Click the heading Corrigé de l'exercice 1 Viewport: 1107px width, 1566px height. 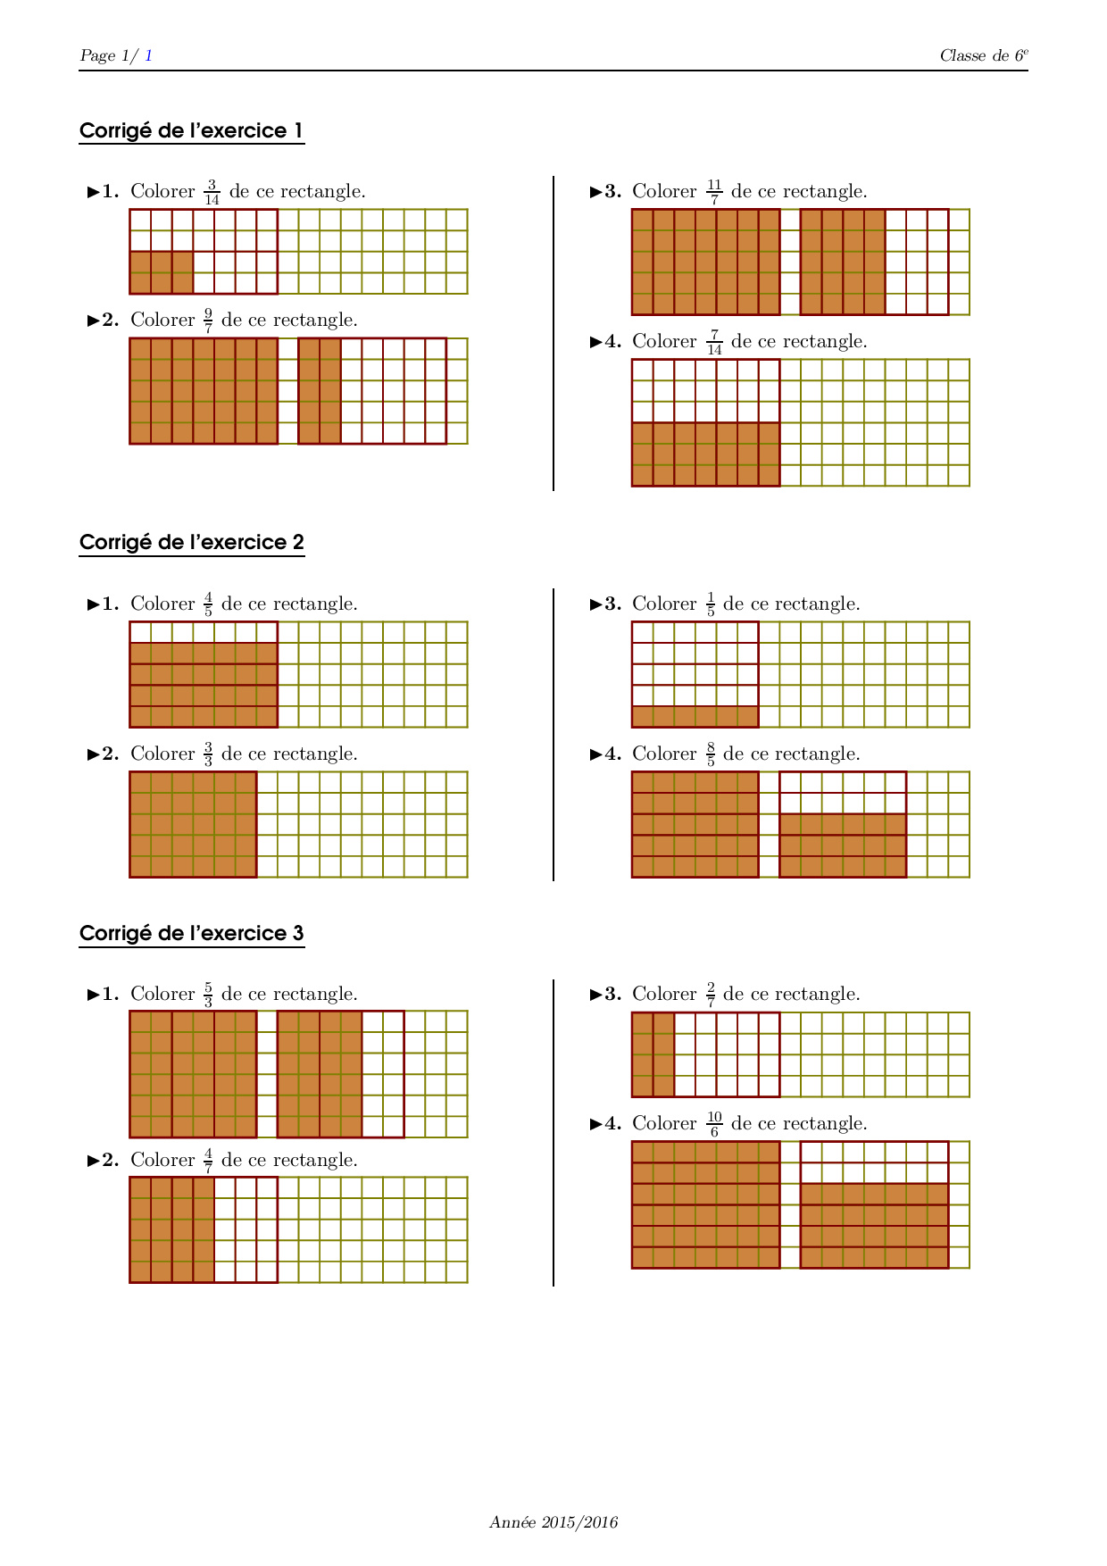click(191, 131)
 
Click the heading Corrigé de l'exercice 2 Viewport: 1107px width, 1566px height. click(191, 543)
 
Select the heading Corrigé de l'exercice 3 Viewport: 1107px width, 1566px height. click(191, 934)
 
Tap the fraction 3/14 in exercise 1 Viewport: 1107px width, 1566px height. click(212, 192)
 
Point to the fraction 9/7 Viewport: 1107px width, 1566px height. click(208, 321)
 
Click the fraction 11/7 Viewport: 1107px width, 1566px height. click(714, 192)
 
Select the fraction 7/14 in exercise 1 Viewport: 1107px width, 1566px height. click(714, 342)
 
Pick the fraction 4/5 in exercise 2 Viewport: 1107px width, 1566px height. click(208, 604)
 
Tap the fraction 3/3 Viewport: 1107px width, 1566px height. click(208, 754)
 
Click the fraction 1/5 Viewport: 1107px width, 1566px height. click(711, 604)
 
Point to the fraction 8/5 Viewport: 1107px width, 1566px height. click(711, 754)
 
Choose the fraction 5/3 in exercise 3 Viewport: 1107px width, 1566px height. click(208, 995)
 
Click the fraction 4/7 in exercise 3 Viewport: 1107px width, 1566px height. click(208, 1161)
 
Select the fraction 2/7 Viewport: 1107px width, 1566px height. click(711, 995)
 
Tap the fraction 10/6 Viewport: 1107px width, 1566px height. click(714, 1124)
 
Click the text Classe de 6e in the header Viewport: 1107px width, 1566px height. click(983, 55)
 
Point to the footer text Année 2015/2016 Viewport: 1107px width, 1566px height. click(553, 1522)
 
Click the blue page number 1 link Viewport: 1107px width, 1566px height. click(148, 55)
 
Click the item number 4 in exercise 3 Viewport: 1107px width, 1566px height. click(607, 1123)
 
